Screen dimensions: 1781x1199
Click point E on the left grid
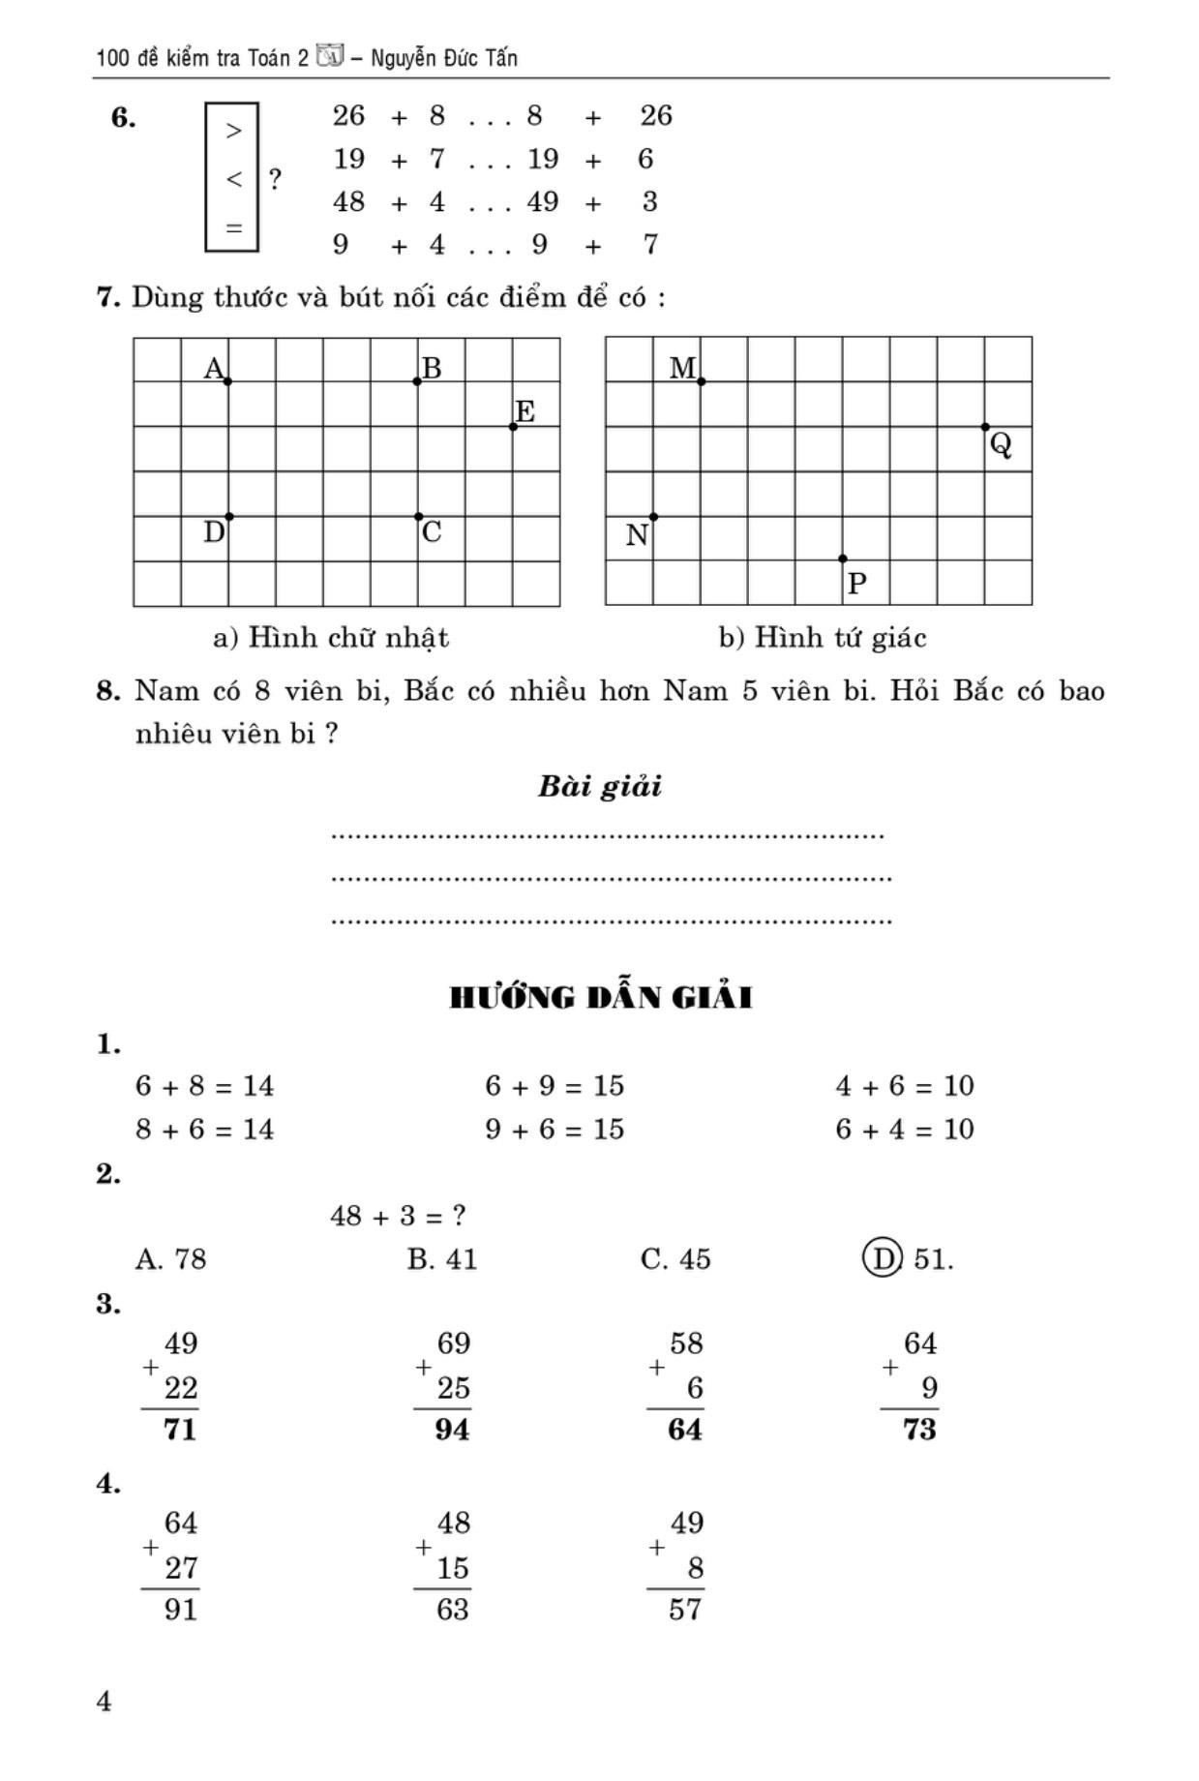513,427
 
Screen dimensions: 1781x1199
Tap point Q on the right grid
985,427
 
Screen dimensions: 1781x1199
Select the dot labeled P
842,558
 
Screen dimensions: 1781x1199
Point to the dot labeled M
701,381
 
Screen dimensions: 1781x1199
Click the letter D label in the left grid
214,532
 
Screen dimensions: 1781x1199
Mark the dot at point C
418,516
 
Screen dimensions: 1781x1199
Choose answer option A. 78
170,1258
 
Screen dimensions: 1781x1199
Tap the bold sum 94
452,1429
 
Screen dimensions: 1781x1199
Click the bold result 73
919,1429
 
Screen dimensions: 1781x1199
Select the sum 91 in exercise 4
180,1609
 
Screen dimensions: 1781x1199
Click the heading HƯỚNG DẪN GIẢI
601,997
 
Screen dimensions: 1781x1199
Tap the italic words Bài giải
600,786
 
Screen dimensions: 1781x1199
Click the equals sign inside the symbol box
233,228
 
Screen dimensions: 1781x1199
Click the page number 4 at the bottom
105,1701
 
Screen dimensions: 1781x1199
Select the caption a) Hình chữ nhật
331,637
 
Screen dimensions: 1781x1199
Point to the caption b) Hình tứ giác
823,637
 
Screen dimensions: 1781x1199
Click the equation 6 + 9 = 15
555,1086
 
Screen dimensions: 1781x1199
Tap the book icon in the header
330,57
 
